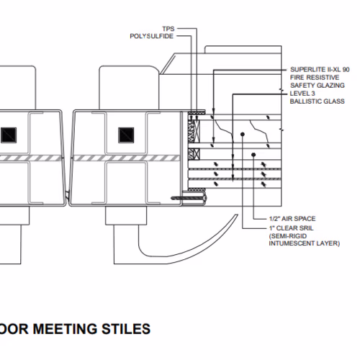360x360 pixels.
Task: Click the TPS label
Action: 168,29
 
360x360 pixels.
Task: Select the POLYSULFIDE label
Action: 151,36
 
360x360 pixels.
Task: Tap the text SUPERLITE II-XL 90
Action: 320,70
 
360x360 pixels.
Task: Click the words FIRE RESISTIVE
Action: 315,78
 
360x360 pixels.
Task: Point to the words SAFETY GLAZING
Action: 318,86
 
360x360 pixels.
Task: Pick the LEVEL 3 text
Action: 302,94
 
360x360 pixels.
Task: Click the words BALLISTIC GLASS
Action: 318,102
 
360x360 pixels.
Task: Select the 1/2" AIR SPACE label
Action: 292,219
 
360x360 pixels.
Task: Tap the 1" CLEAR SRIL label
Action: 291,228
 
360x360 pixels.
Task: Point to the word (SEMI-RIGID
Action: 288,236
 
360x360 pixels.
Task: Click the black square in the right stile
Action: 126,135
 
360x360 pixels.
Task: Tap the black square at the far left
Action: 9,135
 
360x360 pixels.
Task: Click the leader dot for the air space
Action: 253,155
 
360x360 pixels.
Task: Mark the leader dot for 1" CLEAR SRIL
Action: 243,134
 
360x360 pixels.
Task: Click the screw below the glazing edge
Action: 189,198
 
